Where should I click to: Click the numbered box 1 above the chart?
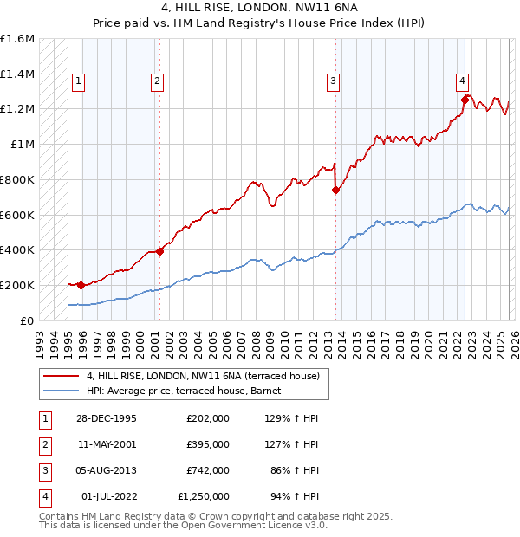coord(78,81)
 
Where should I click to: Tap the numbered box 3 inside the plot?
coord(333,81)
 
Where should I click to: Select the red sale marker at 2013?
coord(335,191)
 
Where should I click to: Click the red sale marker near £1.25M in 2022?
coord(465,100)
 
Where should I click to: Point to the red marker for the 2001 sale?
coord(159,251)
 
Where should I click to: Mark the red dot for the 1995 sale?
coord(81,285)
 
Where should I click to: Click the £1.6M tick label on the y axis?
coord(17,39)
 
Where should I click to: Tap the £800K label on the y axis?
coord(17,179)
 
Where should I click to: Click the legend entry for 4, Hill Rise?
coord(203,376)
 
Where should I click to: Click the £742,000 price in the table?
coord(207,470)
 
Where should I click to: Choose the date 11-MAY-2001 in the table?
coord(106,444)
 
